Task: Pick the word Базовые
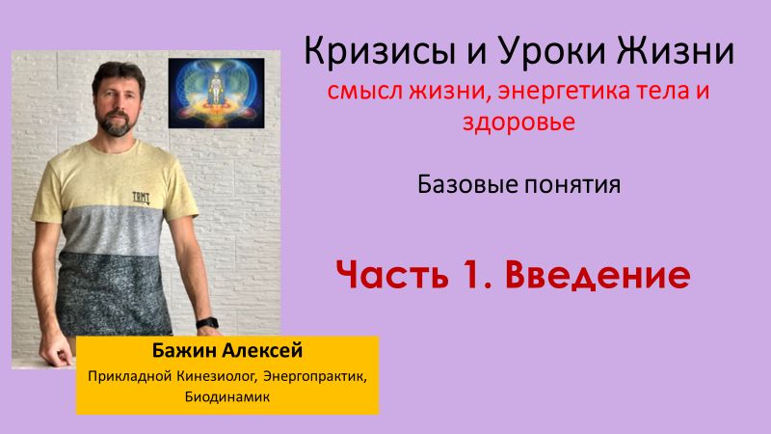coord(457,183)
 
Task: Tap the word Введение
coord(598,275)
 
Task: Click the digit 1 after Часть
coord(478,275)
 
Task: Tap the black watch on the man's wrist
coord(205,322)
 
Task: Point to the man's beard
coord(118,123)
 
